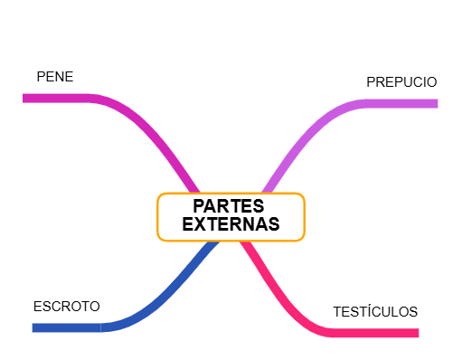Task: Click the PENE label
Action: [54, 77]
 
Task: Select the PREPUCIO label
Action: [401, 82]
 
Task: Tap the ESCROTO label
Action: [66, 306]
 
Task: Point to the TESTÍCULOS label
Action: [375, 312]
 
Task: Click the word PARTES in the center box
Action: [231, 206]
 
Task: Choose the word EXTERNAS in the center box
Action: [231, 224]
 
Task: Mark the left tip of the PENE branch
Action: [25, 98]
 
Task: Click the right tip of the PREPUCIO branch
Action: [435, 103]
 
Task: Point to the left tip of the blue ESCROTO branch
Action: [34, 327]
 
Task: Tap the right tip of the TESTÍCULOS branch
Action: [417, 333]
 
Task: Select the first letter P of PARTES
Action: [199, 206]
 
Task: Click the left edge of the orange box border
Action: [157, 217]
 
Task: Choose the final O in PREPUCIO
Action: [431, 82]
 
